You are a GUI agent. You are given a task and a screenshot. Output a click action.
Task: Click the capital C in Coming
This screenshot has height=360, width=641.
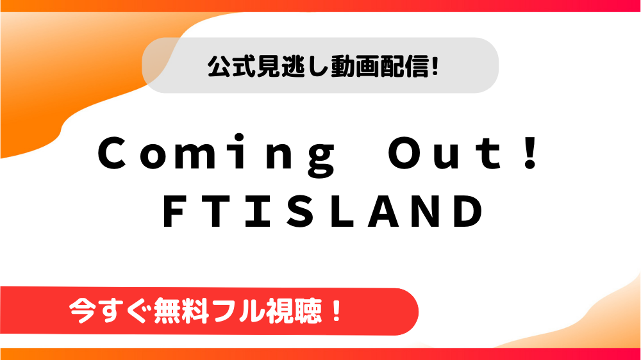tap(112, 153)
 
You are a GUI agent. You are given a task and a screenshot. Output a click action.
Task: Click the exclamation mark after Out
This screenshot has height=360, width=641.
tap(531, 153)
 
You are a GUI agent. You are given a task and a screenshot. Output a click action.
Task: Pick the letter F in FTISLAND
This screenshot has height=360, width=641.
tap(174, 211)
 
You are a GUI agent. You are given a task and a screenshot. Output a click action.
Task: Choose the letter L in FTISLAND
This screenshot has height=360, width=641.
tap(341, 211)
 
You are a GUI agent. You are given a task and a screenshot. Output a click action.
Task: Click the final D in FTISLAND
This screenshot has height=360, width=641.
tap(470, 211)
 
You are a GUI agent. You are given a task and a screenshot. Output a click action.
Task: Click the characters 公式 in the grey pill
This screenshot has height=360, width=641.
tap(231, 66)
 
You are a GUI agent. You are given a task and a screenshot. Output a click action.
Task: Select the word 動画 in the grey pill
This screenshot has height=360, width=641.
tap(355, 66)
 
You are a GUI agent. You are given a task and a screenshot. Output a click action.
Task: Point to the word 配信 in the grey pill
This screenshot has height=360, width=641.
tap(404, 66)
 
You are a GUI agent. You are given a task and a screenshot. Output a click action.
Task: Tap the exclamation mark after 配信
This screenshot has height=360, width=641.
tap(435, 67)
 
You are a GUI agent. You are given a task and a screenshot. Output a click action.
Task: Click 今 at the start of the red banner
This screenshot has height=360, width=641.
tap(83, 311)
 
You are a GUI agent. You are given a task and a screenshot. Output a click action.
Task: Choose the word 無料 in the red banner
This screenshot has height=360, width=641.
tap(181, 311)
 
